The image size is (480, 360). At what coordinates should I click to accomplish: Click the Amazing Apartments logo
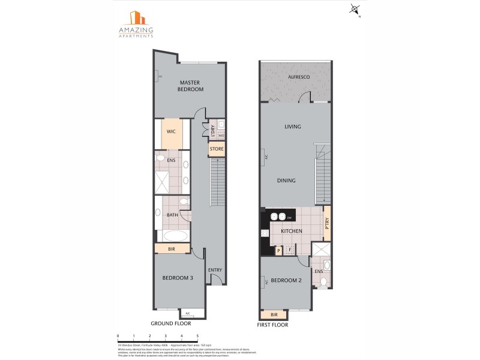135,23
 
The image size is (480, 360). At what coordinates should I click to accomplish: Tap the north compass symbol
355,10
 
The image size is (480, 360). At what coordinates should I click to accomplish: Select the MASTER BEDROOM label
190,86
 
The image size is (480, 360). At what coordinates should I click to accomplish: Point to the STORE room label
216,148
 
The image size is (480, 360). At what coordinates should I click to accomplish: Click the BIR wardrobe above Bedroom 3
172,248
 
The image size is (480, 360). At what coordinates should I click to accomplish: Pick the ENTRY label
215,270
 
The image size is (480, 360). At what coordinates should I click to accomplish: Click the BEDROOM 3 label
178,278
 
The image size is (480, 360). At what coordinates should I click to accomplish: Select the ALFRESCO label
298,79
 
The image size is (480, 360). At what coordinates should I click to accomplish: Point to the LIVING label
293,127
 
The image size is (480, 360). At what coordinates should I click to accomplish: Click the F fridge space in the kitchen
290,250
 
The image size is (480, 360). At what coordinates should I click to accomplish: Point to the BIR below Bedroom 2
274,314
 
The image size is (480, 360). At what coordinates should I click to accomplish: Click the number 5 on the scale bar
197,337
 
